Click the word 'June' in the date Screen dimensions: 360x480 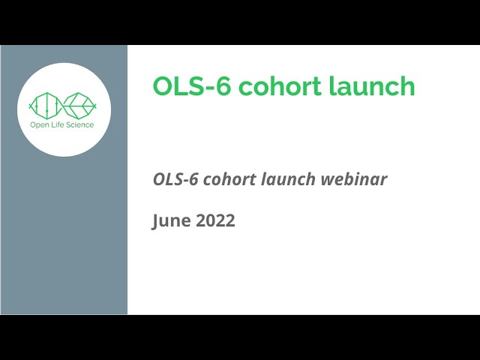(x=169, y=221)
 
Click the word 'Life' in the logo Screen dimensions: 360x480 (x=58, y=124)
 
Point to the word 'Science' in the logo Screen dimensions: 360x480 (x=81, y=124)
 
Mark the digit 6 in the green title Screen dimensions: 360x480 (x=214, y=86)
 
